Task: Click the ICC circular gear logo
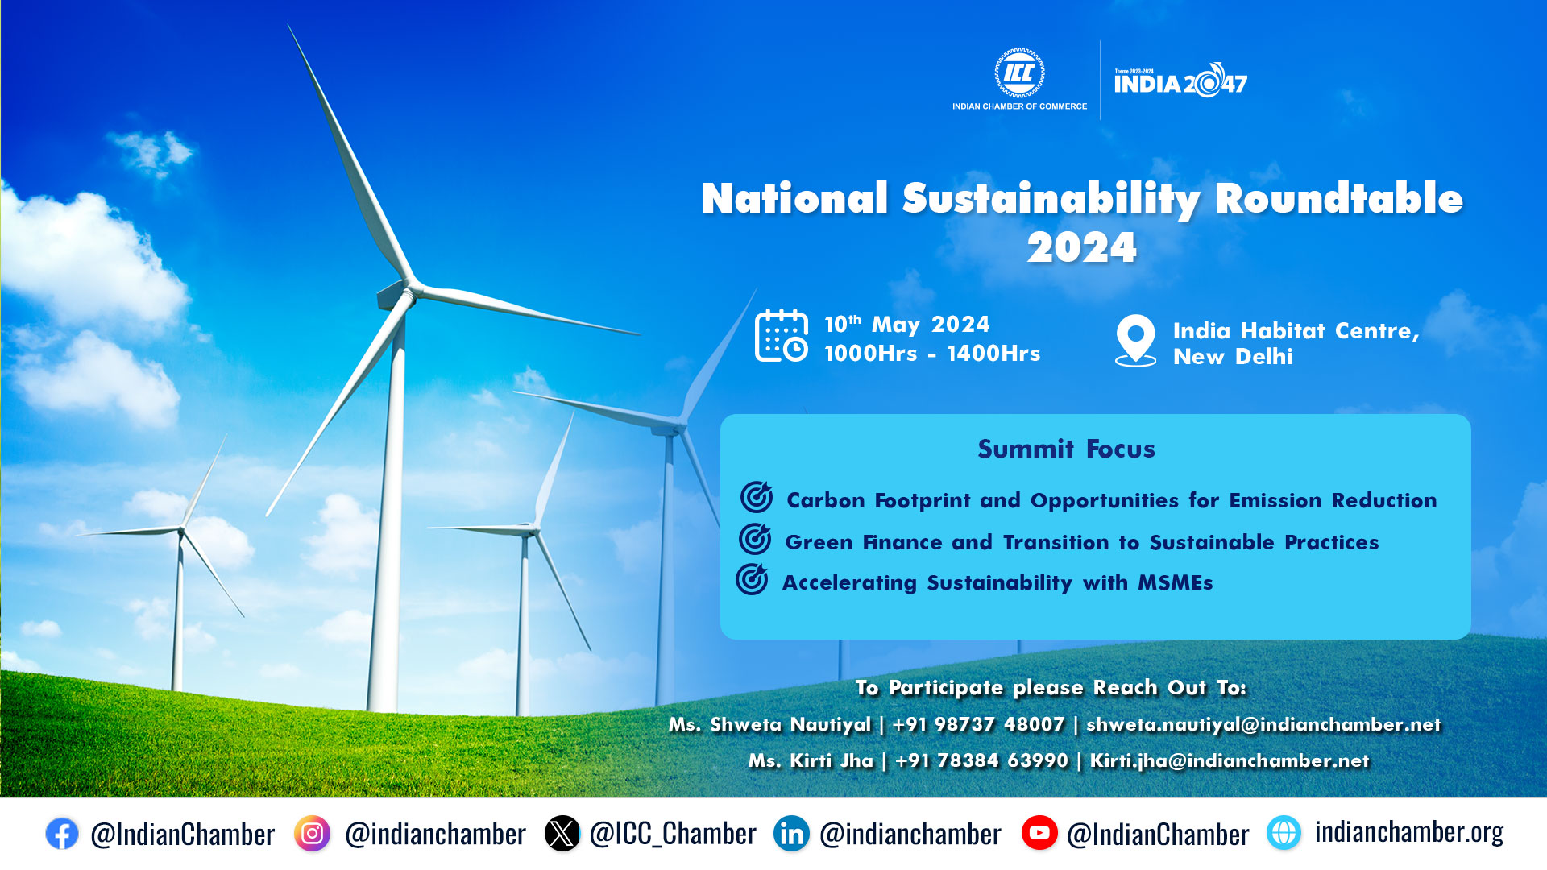[1019, 73]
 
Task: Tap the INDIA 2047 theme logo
[1180, 80]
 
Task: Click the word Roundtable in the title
[1338, 198]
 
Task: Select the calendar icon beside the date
[782, 336]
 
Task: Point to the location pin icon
[1135, 340]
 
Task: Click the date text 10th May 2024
[906, 324]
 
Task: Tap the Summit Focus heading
[1066, 449]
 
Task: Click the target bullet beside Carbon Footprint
[757, 497]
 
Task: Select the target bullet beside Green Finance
[755, 539]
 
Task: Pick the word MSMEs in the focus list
[1175, 582]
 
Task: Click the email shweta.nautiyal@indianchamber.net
[1263, 724]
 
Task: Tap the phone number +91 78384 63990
[981, 760]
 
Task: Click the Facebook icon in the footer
[62, 834]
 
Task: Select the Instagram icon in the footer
[312, 834]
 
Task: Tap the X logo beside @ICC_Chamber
[562, 834]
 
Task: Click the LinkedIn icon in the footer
[792, 834]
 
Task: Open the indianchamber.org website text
[1409, 832]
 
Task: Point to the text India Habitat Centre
[1296, 331]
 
